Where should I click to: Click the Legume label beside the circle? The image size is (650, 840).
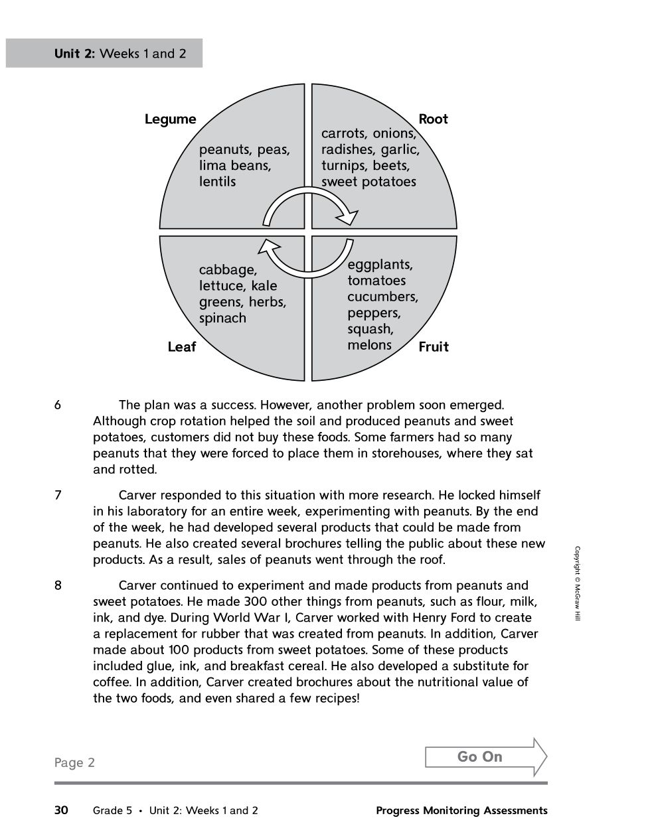(x=171, y=119)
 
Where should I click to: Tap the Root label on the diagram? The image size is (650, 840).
(x=433, y=119)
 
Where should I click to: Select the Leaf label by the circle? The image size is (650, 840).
(x=181, y=347)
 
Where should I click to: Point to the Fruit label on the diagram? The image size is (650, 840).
(x=434, y=347)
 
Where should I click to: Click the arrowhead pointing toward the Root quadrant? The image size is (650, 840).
(x=348, y=216)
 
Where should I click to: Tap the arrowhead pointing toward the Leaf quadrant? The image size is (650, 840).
(x=268, y=247)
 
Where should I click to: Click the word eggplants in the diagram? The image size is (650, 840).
(x=380, y=265)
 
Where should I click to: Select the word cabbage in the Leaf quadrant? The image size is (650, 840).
(x=228, y=270)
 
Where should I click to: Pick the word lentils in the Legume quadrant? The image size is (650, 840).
(x=217, y=182)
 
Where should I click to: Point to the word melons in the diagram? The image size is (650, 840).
(x=369, y=345)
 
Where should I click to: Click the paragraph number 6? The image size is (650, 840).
(x=58, y=405)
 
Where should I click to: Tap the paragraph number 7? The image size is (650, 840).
(x=58, y=496)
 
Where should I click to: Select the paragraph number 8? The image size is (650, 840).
(x=58, y=586)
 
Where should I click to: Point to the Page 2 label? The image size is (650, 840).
(x=74, y=763)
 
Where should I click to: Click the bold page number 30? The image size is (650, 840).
(x=61, y=810)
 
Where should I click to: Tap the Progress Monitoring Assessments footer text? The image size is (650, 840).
(x=461, y=810)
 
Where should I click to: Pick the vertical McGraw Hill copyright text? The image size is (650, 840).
(x=577, y=583)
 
